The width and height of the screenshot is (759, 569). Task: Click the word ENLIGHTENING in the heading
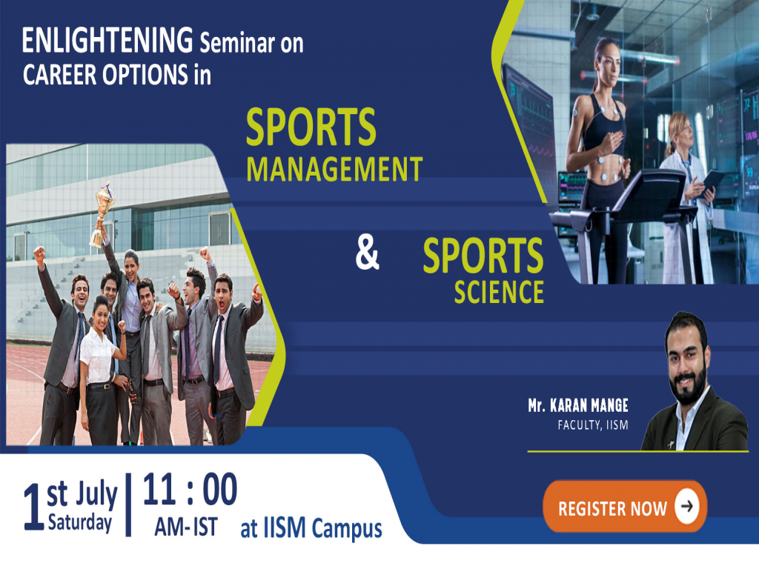108,43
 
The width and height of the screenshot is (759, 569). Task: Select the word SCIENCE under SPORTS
499,291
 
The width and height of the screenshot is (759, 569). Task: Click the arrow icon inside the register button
687,507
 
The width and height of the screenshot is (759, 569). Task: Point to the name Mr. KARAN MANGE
577,406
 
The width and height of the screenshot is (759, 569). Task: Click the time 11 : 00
190,490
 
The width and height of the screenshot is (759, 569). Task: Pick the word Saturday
79,523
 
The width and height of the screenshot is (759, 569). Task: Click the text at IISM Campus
311,529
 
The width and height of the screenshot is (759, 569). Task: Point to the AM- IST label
186,528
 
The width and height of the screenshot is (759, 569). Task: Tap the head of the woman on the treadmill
606,54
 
